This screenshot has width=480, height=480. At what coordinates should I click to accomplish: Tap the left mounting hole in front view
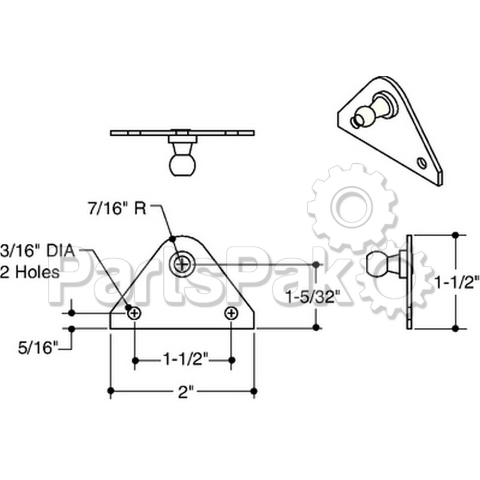tap(134, 313)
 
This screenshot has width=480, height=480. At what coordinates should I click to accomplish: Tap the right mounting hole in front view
tap(232, 313)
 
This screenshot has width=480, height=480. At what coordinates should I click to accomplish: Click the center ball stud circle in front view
tap(182, 263)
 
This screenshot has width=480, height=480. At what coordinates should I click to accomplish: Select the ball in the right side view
tap(378, 263)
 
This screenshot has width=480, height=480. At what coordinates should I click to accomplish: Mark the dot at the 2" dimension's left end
tap(111, 392)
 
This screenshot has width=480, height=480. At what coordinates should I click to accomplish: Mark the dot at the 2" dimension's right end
tap(254, 392)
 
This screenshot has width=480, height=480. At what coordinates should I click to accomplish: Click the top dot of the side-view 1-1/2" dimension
tap(456, 235)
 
